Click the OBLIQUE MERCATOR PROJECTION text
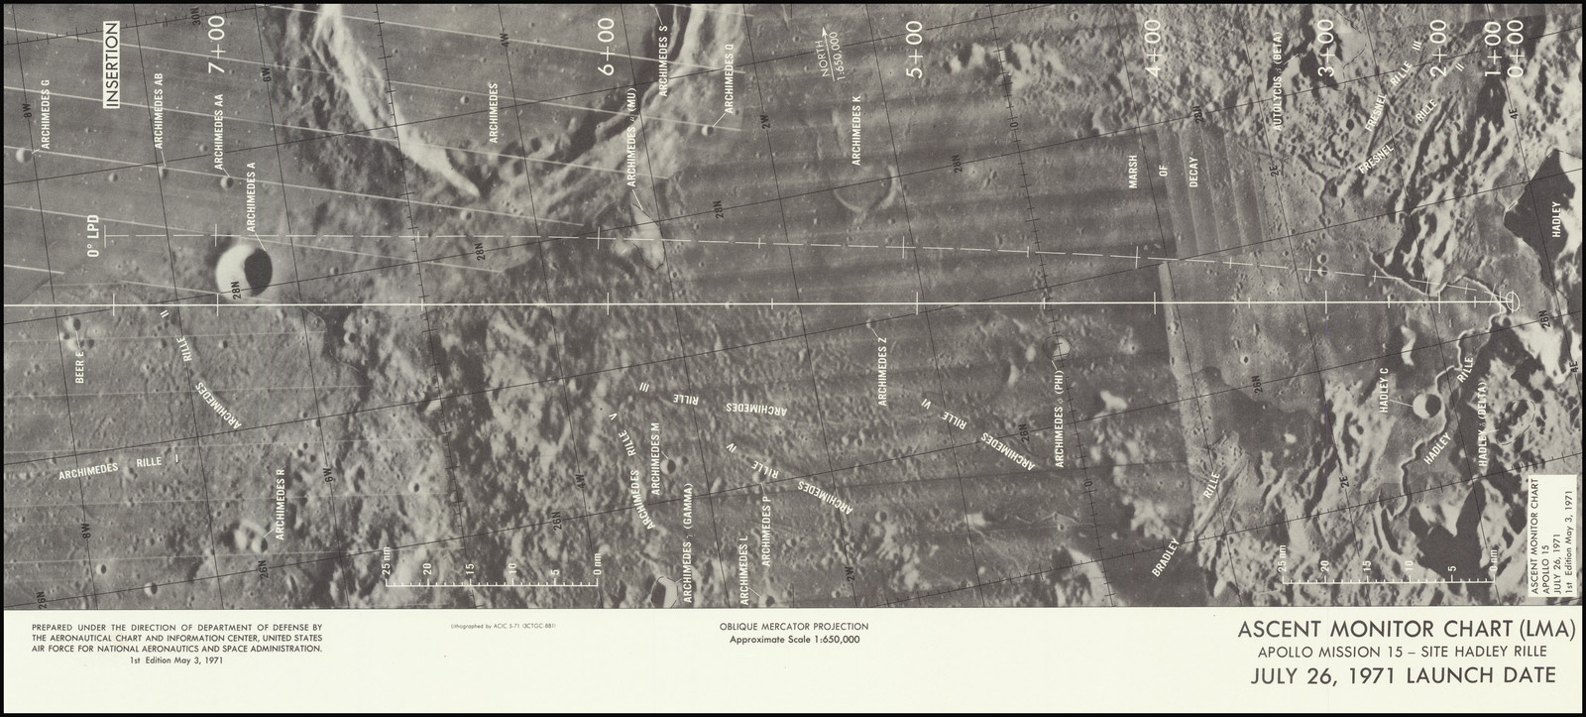tap(796, 627)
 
